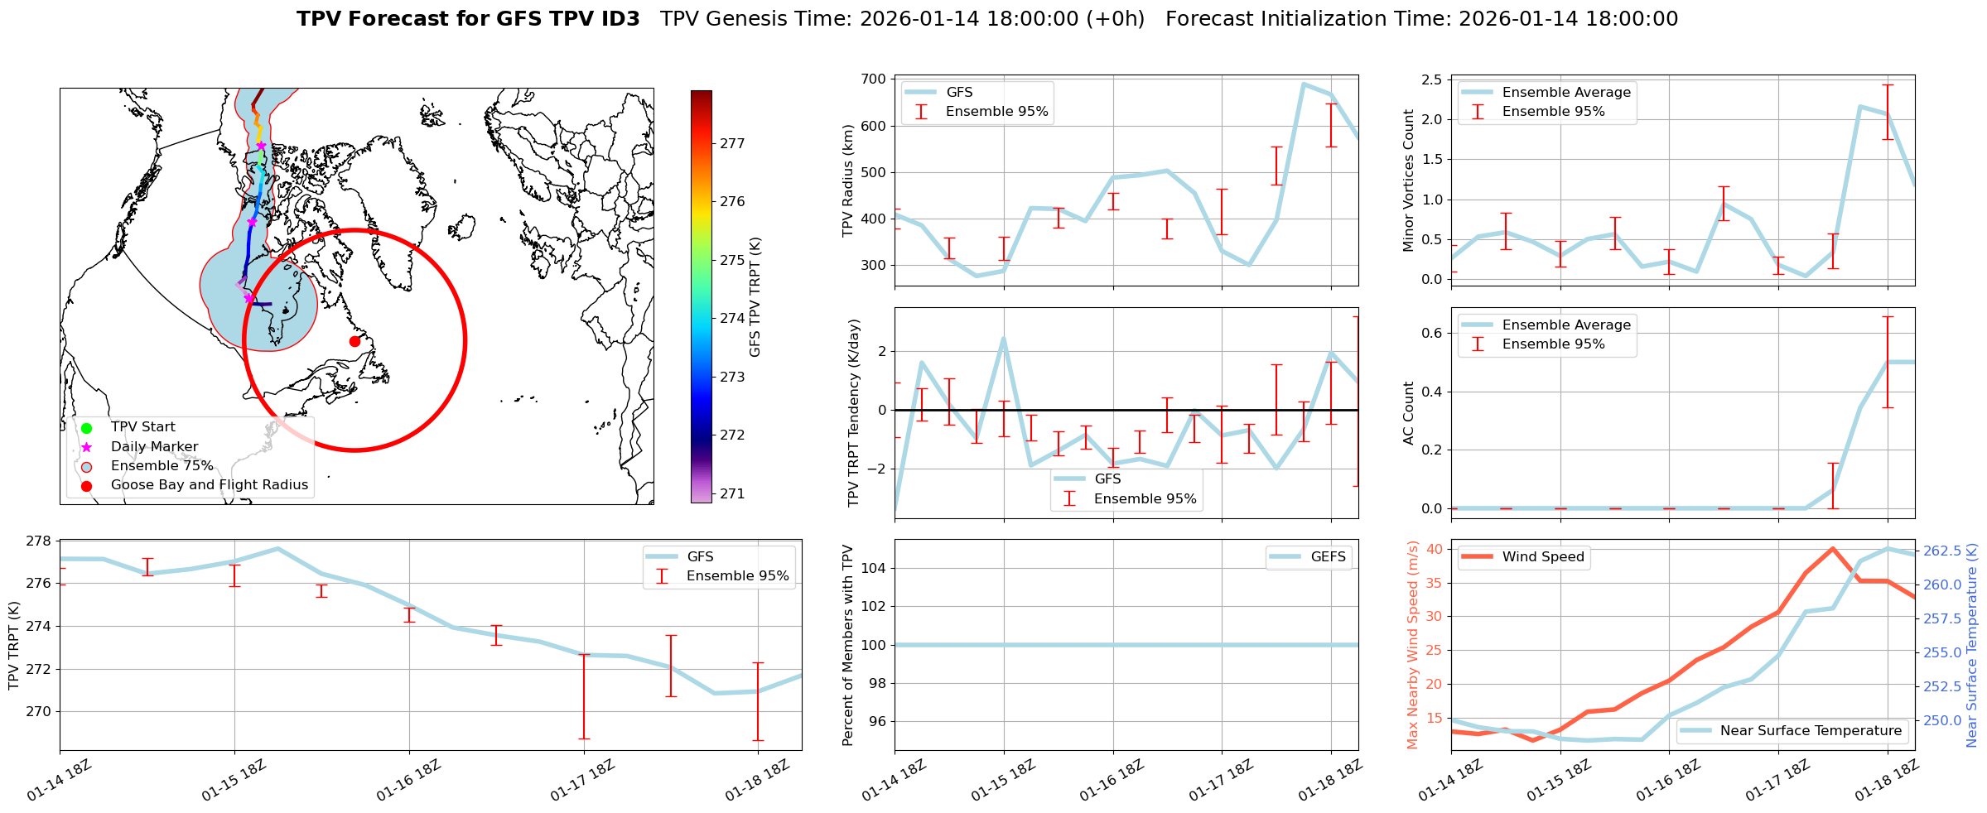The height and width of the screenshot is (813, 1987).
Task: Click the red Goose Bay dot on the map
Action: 354,341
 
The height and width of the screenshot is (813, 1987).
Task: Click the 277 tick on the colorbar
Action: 732,143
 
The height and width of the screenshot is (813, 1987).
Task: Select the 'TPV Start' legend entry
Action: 142,427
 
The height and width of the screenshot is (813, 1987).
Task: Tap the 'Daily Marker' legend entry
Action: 154,447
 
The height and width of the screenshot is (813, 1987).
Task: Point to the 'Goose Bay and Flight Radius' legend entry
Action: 209,485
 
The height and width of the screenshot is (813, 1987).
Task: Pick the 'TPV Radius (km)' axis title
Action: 847,180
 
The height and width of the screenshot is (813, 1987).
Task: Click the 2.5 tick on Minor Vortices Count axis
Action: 1431,79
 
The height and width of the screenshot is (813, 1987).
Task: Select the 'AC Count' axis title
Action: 1409,413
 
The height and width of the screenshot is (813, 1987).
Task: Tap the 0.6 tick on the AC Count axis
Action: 1431,333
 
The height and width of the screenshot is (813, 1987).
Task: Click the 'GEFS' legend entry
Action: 1328,557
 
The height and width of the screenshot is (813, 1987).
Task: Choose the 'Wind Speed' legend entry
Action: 1542,557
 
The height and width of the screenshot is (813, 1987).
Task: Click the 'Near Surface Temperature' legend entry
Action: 1811,731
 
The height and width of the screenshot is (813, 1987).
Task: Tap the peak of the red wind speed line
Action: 1832,548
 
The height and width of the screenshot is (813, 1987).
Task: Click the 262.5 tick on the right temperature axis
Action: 1941,551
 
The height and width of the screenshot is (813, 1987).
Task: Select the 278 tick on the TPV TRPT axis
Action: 40,541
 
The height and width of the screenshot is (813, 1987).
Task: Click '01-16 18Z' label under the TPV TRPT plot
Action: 408,782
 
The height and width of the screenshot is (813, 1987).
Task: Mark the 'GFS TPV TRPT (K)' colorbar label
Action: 755,297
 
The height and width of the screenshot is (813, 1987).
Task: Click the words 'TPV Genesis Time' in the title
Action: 755,19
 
